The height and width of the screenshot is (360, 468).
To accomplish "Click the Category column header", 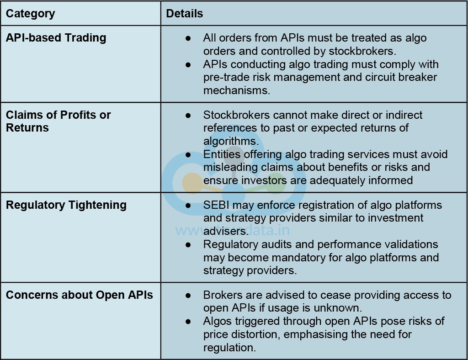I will pos(30,14).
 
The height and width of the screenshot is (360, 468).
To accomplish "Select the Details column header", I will pos(184,14).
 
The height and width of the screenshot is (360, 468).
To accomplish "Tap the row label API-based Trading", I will pos(56,37).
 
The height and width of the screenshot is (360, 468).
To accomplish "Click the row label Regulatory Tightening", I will pos(66,205).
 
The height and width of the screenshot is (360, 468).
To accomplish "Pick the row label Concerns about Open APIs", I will pos(79,295).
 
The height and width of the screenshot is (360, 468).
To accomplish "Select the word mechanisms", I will pos(237,90).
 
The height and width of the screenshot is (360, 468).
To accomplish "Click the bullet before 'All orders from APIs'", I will pos(188,38).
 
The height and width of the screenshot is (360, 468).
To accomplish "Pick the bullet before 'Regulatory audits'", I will pos(188,245).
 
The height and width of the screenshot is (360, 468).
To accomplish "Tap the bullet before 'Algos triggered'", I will pos(188,322).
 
